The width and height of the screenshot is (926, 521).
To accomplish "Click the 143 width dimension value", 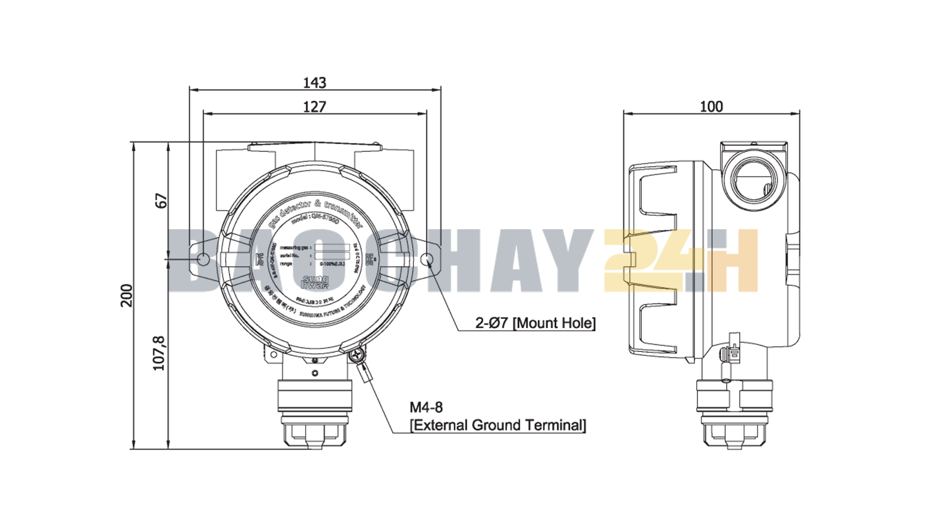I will coord(315,83).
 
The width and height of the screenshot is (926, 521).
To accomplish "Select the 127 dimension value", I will coord(315,107).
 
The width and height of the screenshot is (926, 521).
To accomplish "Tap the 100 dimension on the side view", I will coord(711,107).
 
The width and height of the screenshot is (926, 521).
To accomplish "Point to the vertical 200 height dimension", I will coord(127,295).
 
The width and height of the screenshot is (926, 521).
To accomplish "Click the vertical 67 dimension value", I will coord(161,201).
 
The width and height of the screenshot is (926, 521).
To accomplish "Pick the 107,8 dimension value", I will coord(159,353).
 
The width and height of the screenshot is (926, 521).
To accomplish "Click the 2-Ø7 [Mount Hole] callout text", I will coord(535,323).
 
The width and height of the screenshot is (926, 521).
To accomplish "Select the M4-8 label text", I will coord(426,408).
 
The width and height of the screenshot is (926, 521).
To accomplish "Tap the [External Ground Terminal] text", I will coord(498,425).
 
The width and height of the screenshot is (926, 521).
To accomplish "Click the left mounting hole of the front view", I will coord(203,259).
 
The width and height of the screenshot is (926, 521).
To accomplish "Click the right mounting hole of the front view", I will coord(427,259).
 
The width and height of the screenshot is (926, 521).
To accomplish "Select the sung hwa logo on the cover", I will coord(315,282).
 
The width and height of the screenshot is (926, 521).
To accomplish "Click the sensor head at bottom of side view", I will coord(734,414).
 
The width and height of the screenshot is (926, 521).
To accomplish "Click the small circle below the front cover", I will coord(315,373).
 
